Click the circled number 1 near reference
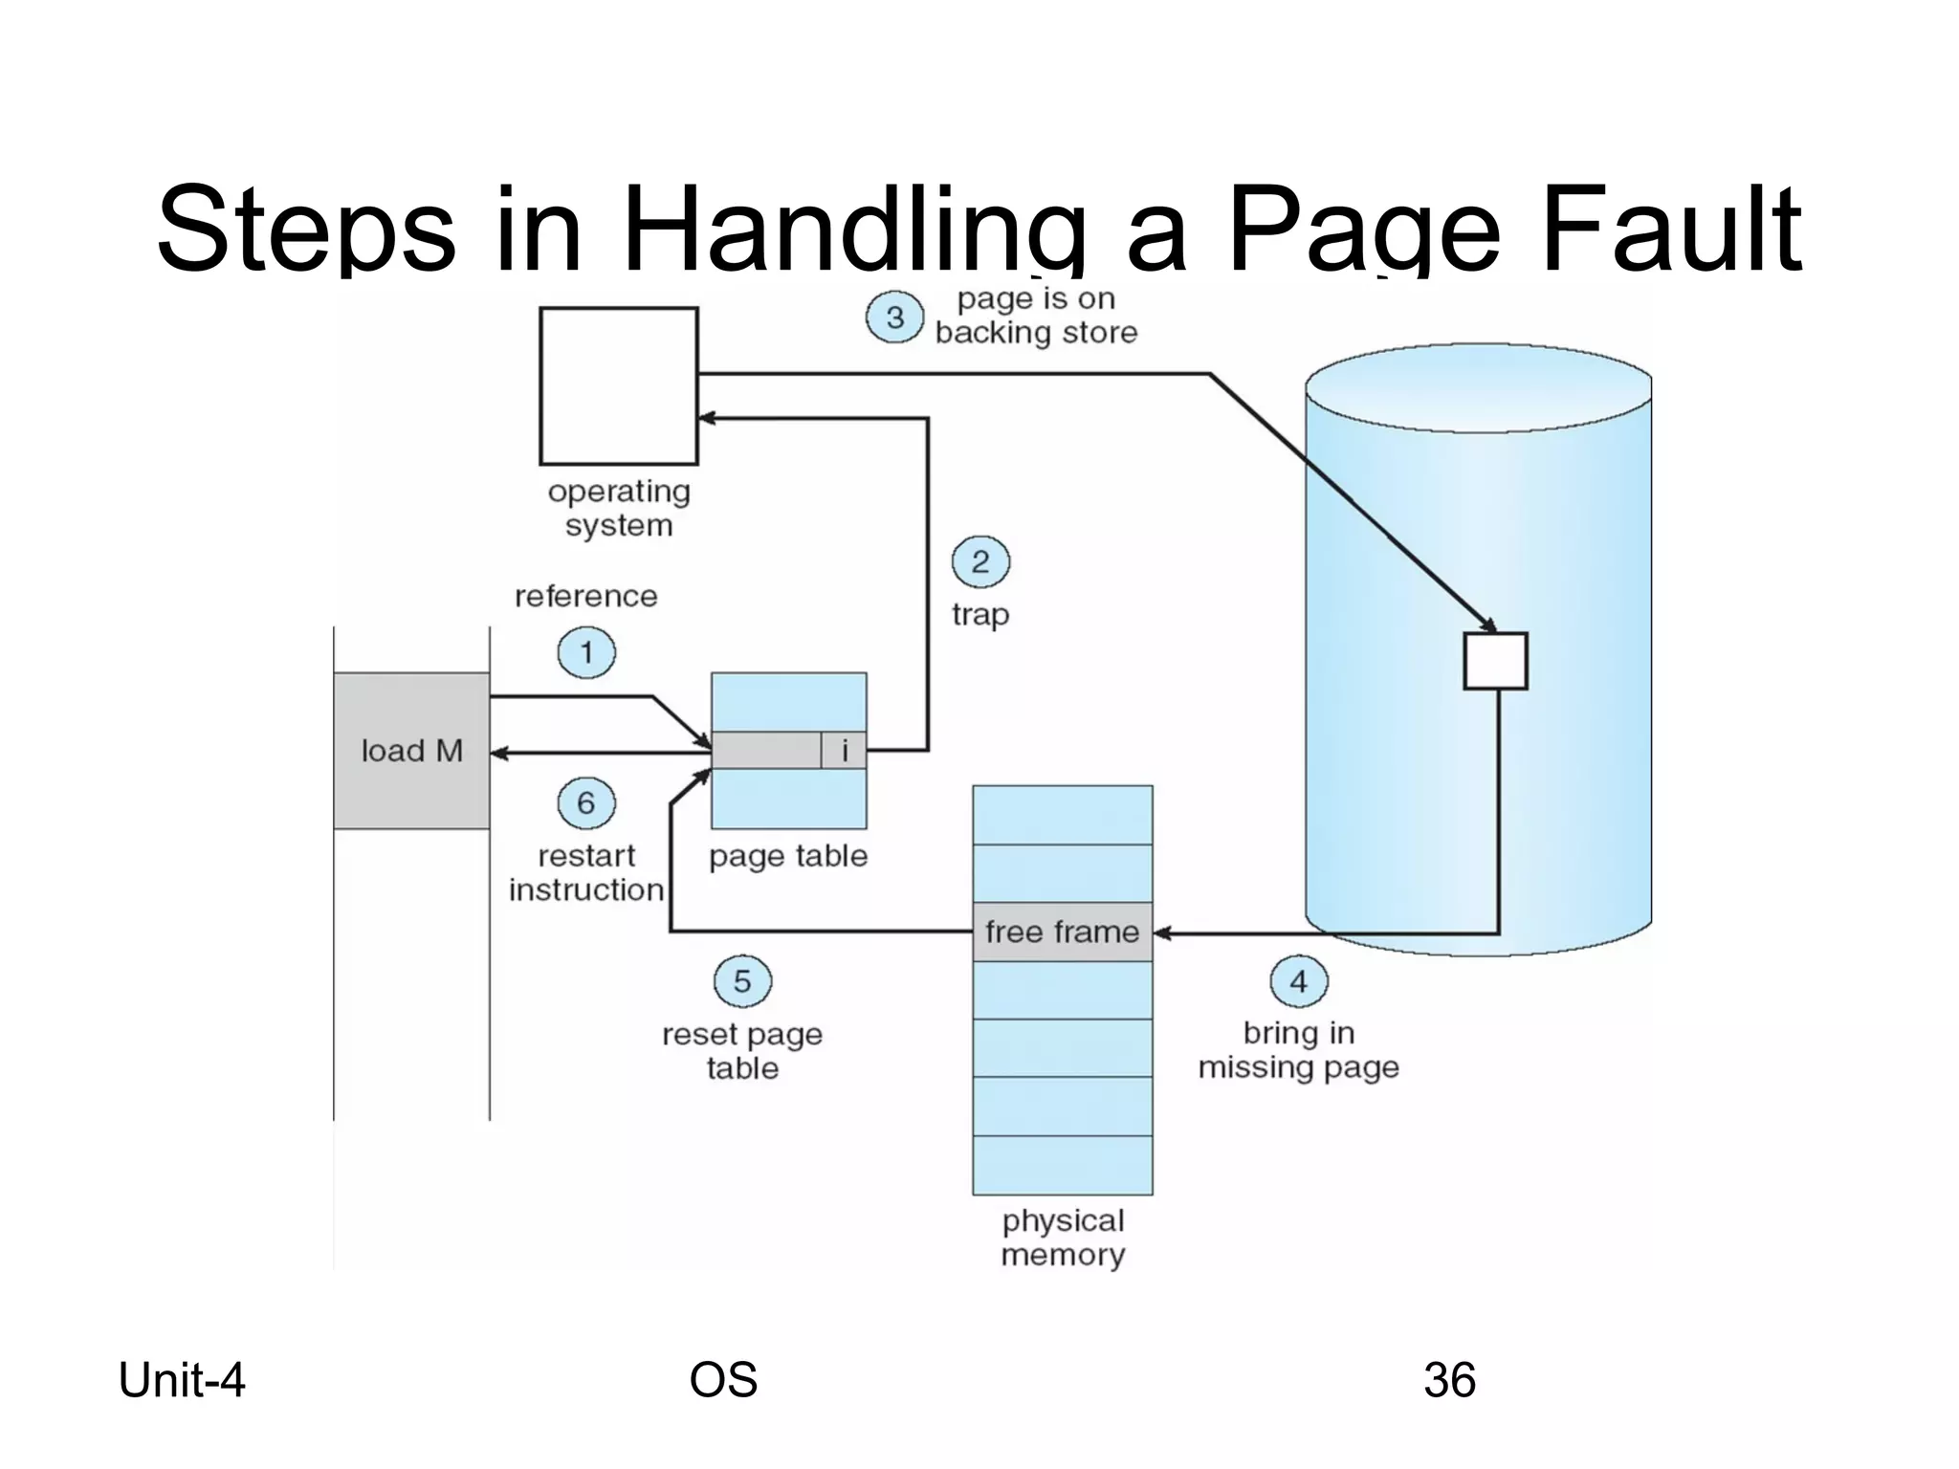[x=586, y=653]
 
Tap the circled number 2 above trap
[x=980, y=561]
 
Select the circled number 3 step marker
[x=894, y=318]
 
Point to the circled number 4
[x=1298, y=981]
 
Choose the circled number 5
[x=742, y=981]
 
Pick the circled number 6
[x=586, y=802]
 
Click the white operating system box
[x=619, y=385]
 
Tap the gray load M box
[x=411, y=751]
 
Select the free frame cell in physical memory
[x=1062, y=932]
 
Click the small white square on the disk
[x=1495, y=660]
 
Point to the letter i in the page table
[x=844, y=751]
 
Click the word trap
[x=980, y=614]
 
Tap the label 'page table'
[x=788, y=856]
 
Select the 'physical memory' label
[x=1063, y=1238]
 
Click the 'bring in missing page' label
[x=1298, y=1050]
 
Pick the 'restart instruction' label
[x=586, y=872]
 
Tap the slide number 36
[x=1449, y=1380]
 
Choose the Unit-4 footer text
[x=182, y=1380]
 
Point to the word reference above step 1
[x=586, y=597]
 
